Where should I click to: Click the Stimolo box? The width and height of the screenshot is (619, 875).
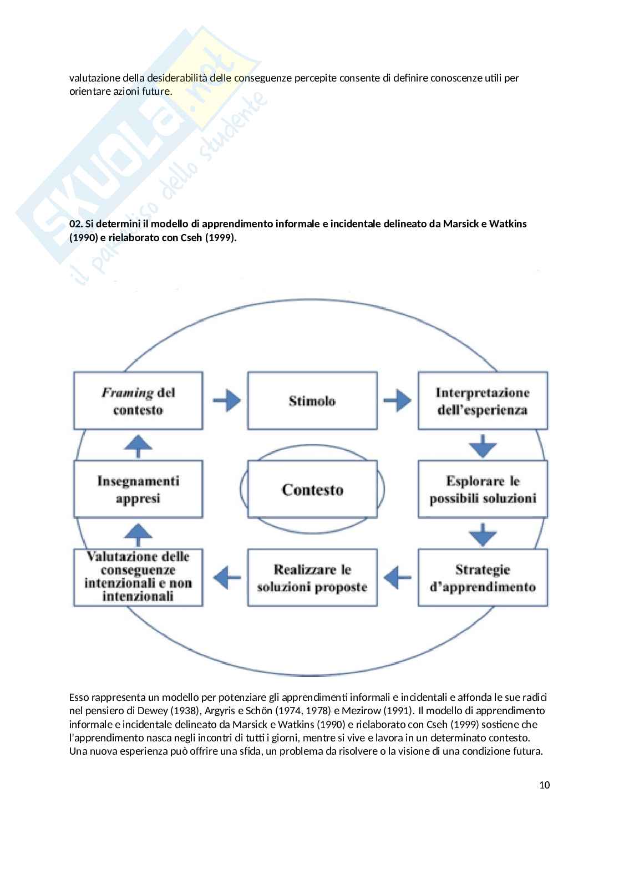[x=312, y=400]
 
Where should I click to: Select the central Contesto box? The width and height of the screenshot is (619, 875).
[x=312, y=489]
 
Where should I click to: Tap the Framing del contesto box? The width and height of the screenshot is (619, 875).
[x=138, y=400]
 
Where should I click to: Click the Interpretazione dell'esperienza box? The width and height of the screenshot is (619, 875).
[x=482, y=400]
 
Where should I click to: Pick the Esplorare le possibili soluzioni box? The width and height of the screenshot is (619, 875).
[x=482, y=489]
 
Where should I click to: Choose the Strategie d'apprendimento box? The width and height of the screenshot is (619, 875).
[x=482, y=577]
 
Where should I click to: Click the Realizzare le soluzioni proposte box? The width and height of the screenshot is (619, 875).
[x=312, y=577]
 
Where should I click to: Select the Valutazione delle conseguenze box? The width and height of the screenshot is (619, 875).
[x=138, y=577]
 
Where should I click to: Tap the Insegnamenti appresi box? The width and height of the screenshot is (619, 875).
[x=138, y=489]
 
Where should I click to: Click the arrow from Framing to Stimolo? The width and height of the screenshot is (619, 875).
[x=226, y=400]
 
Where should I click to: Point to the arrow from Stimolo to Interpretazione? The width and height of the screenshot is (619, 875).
[x=397, y=400]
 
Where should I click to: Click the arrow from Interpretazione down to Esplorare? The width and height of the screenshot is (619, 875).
[x=482, y=446]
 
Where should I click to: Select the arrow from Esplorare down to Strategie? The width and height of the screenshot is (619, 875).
[x=482, y=533]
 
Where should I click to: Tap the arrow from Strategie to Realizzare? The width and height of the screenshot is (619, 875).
[x=397, y=577]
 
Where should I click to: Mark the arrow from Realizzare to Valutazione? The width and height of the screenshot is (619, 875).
[x=226, y=577]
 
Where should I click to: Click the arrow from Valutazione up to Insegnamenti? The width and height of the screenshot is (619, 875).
[x=138, y=533]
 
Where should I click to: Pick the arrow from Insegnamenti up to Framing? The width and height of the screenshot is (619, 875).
[x=138, y=445]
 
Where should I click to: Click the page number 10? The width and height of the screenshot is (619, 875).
[x=544, y=785]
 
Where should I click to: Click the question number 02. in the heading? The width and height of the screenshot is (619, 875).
[x=76, y=224]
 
